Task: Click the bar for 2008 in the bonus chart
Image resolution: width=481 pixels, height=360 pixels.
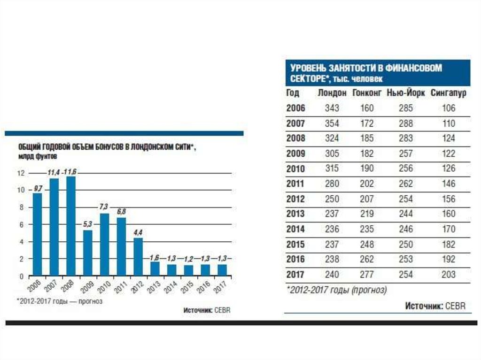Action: point(71,225)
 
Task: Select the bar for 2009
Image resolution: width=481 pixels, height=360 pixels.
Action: point(88,252)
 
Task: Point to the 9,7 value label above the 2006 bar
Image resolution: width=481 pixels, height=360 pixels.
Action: point(38,188)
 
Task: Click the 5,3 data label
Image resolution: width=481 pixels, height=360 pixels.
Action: point(87,225)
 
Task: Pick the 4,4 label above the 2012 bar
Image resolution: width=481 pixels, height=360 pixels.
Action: point(138,233)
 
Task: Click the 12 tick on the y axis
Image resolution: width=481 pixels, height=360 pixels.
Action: point(21,173)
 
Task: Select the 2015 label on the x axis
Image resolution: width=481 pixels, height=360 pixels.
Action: point(188,286)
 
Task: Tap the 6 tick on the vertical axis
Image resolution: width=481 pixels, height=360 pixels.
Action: point(21,224)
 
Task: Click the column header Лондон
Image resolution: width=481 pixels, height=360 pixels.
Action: point(332,93)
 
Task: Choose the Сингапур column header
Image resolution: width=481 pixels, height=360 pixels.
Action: point(448,93)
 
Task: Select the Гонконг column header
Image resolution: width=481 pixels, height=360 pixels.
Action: point(367,93)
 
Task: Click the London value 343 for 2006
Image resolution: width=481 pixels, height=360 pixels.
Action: point(332,108)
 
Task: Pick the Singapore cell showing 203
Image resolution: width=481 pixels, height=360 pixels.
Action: point(448,275)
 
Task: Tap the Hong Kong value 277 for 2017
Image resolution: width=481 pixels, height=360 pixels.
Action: point(367,275)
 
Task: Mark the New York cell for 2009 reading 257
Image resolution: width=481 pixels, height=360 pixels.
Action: point(406,153)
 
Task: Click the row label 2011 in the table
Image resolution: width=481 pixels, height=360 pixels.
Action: point(295,184)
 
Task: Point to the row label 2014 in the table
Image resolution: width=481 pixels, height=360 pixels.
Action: point(295,229)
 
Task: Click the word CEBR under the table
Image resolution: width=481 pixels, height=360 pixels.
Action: point(456,306)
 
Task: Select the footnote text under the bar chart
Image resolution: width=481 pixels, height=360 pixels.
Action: point(59,301)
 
